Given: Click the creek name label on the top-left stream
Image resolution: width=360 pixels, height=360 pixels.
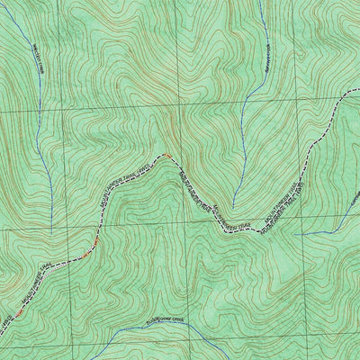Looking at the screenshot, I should pos(37,63).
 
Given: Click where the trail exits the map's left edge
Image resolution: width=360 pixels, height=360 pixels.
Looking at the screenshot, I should pos(0,329).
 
